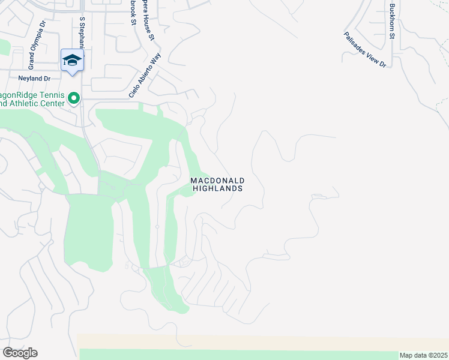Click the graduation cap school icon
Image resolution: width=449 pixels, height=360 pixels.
71,59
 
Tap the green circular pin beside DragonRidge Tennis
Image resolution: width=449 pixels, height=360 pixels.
74,97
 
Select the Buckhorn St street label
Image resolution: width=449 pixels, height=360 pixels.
392,21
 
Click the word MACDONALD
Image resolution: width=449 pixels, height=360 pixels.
217,180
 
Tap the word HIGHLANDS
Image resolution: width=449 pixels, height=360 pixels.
217,188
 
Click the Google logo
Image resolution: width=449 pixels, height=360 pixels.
20,353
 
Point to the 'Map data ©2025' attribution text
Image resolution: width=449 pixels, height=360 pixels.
423,355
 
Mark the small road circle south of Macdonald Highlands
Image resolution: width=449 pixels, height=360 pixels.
157,227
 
